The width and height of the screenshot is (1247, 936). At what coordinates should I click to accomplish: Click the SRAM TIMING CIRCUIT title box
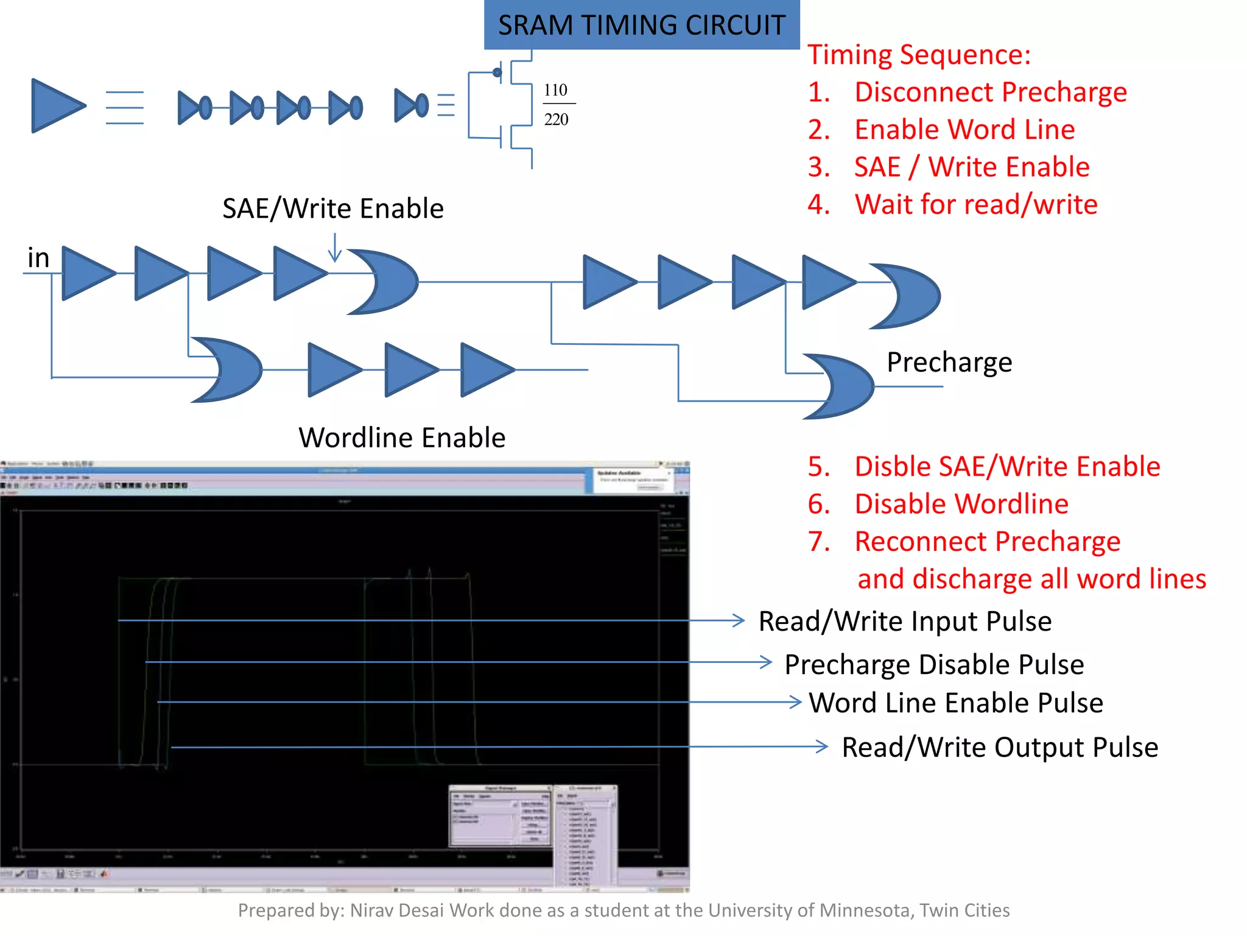[x=641, y=25]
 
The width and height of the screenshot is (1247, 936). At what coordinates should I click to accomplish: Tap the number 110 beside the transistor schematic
[x=555, y=90]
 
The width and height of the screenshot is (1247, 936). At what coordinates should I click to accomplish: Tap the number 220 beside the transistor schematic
[x=556, y=119]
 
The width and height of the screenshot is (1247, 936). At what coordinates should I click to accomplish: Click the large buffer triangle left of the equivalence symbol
[x=56, y=106]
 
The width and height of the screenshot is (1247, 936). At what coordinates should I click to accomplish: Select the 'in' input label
[x=38, y=258]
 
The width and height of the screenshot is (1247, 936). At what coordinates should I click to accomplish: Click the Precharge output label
[x=949, y=362]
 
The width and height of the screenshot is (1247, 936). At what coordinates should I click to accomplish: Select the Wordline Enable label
[x=402, y=438]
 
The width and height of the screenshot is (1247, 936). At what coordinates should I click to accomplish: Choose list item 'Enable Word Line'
[x=964, y=130]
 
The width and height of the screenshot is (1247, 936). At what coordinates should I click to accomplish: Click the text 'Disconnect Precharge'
[x=990, y=92]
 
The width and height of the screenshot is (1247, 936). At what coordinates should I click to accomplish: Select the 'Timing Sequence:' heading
[x=919, y=54]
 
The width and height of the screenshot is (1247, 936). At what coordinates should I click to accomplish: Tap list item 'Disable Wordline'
[x=961, y=504]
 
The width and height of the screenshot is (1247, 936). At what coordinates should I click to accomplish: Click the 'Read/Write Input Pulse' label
[x=905, y=622]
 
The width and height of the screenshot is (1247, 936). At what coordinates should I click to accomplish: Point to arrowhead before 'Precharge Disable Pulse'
[x=766, y=662]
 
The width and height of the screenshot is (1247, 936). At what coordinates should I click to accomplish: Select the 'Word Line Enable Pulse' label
[x=955, y=703]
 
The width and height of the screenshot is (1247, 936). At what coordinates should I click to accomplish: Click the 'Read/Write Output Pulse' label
[x=999, y=747]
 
